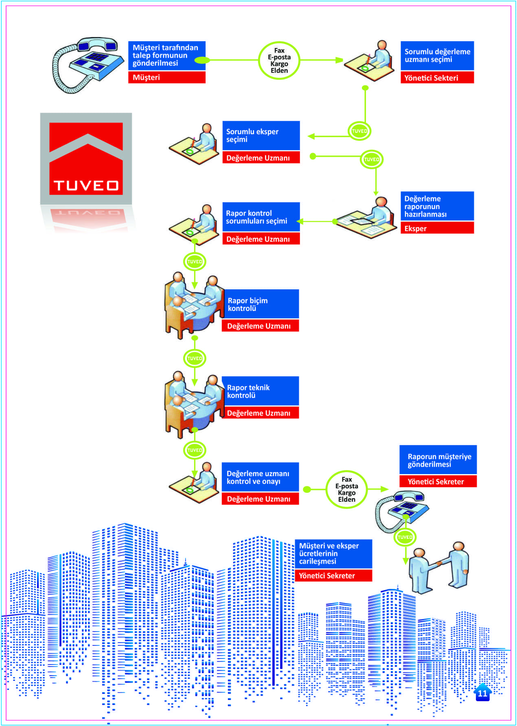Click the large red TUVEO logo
pos(86,159)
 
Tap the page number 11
pos(482,693)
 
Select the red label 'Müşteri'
pos(166,77)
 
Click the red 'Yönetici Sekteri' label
pos(437,78)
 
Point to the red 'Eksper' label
pos(437,228)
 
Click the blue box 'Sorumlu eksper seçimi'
pos(261,136)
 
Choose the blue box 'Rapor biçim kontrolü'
pos(261,304)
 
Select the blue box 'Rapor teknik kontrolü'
pos(261,391)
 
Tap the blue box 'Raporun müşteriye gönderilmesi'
pos(438,460)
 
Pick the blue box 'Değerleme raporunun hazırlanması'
pos(437,206)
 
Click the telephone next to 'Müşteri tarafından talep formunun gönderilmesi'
pos(88,65)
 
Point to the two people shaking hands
pos(439,567)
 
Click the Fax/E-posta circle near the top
pos(279,61)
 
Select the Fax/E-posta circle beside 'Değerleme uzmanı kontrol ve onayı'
pos(347,490)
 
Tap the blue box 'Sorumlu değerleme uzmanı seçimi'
pos(437,55)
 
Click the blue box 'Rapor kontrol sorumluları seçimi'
pos(261,217)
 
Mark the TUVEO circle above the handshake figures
pos(405,537)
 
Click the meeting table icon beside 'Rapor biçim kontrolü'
pos(194,305)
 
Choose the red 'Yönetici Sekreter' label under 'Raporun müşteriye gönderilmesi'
pos(438,481)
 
